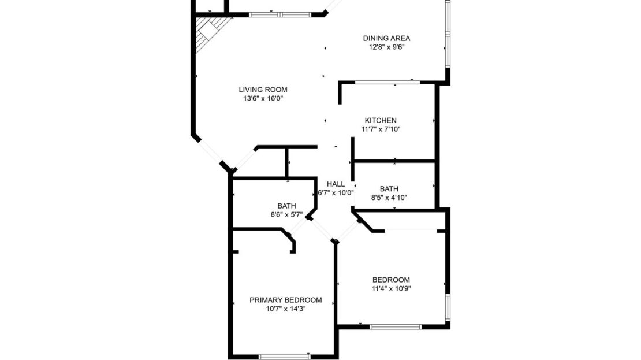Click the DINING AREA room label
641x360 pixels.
pos(386,39)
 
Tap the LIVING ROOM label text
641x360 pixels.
pos(263,90)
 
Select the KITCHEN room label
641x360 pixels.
pos(380,120)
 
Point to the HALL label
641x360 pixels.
pos(336,184)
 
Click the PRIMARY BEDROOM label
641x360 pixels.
pos(285,300)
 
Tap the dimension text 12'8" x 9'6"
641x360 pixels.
pos(386,47)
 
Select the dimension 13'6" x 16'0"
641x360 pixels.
pos(263,98)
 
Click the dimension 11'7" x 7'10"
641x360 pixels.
pos(380,129)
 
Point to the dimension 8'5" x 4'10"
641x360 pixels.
pos(389,197)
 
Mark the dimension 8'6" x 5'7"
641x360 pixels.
pos(286,214)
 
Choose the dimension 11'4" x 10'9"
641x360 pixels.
pos(391,288)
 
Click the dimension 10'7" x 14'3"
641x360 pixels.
pos(285,309)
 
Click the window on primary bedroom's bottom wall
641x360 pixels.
pos(284,357)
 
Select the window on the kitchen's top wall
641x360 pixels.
pos(386,83)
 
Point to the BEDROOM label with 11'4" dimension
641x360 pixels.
pos(391,280)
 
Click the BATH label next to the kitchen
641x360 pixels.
pos(389,188)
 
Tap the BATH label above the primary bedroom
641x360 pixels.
pos(286,205)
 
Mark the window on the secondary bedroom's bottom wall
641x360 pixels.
pos(396,327)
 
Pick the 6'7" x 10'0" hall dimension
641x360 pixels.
pos(336,193)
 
